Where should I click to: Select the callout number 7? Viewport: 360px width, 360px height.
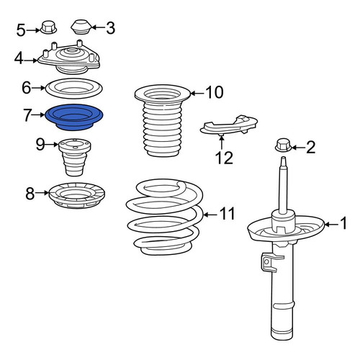27,115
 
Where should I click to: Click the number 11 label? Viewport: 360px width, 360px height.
227,213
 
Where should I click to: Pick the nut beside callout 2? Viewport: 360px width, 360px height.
283,145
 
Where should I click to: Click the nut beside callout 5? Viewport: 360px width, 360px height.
48,27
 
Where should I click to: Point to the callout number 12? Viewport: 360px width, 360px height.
225,158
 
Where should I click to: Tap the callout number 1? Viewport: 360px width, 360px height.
343,222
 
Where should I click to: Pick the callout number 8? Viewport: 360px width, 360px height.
30,194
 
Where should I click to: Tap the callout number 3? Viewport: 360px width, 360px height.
110,28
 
